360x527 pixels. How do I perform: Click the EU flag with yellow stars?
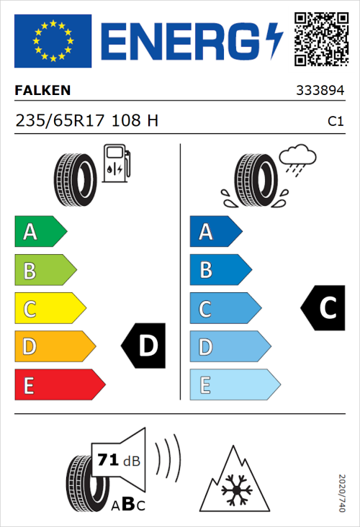53,41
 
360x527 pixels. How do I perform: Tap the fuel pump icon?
117,163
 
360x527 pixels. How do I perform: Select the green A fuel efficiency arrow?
40,232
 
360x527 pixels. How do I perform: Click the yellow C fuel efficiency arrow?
49,309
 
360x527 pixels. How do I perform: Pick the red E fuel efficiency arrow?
59,385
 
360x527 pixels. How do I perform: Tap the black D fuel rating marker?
144,346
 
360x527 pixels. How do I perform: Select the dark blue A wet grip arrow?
215,232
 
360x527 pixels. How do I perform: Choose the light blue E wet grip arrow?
234,385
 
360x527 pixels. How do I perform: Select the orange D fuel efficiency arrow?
54,347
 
